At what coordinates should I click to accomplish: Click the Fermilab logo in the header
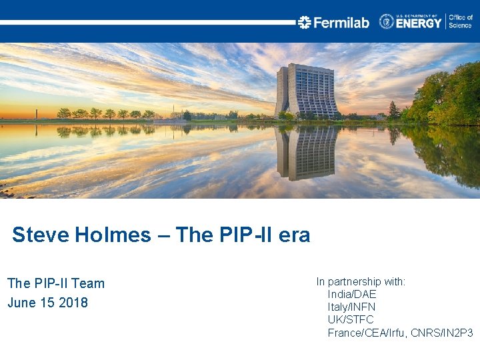pyautogui.click(x=333, y=22)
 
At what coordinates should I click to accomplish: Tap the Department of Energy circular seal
pyautogui.click(x=387, y=21)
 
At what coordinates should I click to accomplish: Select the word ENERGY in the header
pyautogui.click(x=419, y=23)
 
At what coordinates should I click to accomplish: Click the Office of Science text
pyautogui.click(x=460, y=21)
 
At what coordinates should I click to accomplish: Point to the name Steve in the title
pyautogui.click(x=34, y=235)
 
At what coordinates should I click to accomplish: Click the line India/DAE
pyautogui.click(x=352, y=294)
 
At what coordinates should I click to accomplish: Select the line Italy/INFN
pyautogui.click(x=351, y=307)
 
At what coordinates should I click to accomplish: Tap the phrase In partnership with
pyautogui.click(x=361, y=281)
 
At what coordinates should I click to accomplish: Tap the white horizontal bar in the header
pyautogui.click(x=147, y=22)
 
